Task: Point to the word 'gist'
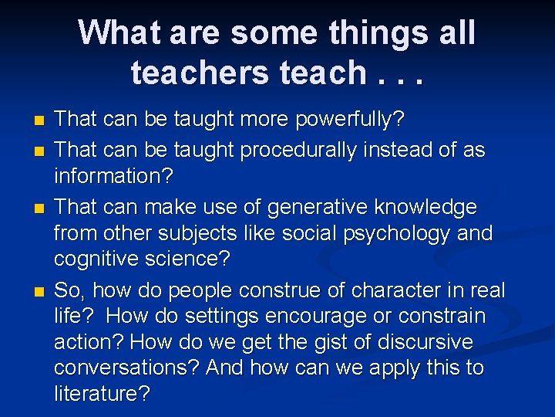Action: (296, 343)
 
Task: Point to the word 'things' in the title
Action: (381, 32)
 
